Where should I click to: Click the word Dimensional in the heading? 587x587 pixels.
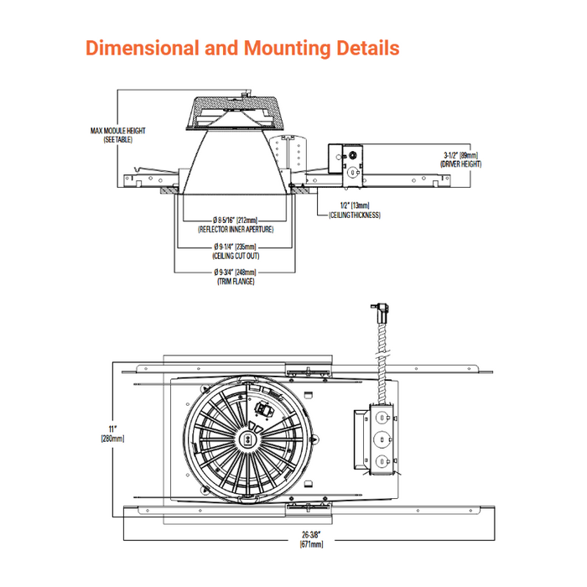coord(141,48)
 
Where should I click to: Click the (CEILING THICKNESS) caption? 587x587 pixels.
coord(355,216)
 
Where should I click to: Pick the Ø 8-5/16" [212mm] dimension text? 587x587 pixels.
coord(235,221)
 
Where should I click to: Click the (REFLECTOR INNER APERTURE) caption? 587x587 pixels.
coord(236,229)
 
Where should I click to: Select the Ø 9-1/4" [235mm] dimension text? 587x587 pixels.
coord(235,247)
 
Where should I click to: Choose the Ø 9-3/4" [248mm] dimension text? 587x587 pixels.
coord(235,273)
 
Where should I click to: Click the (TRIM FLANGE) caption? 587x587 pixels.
coord(236,282)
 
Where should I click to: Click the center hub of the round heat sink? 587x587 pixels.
coord(248,437)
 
